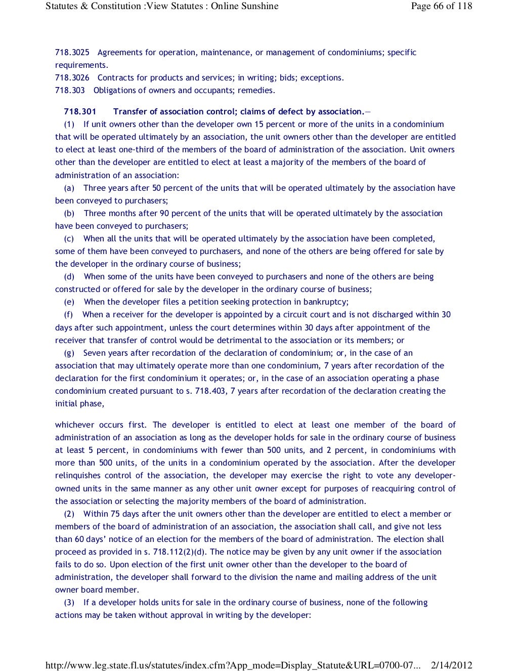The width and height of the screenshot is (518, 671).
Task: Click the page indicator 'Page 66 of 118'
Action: coord(442,6)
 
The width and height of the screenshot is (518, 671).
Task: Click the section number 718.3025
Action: coord(72,53)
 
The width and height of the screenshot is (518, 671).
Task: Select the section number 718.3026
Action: coord(72,78)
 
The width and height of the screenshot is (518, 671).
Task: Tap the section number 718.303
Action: coord(70,91)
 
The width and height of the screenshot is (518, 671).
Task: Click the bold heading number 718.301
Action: coord(80,112)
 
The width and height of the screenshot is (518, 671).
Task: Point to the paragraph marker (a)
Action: coord(69,188)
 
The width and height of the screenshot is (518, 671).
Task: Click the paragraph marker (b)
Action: coord(69,214)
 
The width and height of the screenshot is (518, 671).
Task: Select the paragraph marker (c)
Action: coord(69,239)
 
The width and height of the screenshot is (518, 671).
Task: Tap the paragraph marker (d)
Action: coord(69,277)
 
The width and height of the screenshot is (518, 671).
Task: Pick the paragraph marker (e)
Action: coord(69,302)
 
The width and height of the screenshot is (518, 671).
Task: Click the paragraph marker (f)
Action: coord(69,315)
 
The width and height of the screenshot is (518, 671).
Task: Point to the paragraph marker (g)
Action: coord(69,353)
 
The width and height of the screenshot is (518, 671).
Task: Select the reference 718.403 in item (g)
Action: coord(210,391)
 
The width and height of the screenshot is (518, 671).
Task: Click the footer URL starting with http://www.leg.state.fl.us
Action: coord(233,665)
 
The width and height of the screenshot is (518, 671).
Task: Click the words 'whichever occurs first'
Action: coord(101,425)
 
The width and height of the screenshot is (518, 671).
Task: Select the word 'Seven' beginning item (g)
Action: coord(94,353)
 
